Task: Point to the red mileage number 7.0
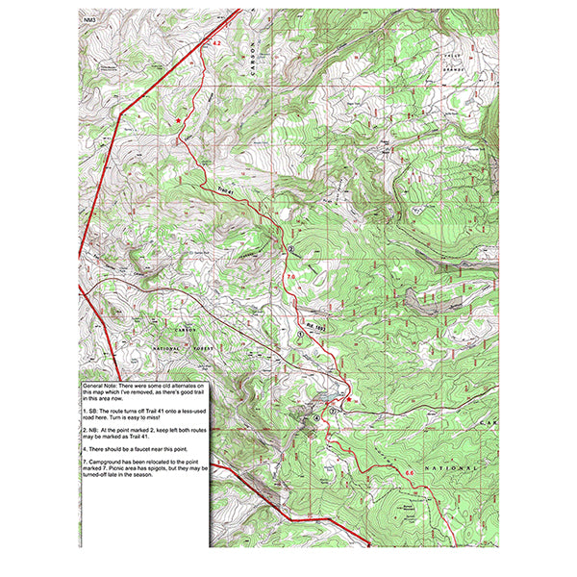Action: (x=291, y=277)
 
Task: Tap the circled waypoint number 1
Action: (x=300, y=322)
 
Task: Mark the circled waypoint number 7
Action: (x=333, y=411)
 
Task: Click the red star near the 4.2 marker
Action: (x=180, y=119)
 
